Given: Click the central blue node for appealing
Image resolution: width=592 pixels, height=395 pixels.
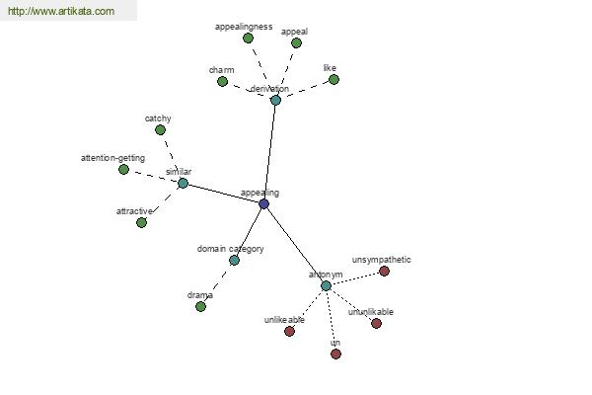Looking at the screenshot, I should [263, 203].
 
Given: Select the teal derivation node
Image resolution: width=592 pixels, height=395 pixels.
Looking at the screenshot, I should [275, 100].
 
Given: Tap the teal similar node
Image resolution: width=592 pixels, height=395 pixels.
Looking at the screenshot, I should [183, 183].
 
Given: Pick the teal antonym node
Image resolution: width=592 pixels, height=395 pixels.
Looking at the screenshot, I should [326, 285].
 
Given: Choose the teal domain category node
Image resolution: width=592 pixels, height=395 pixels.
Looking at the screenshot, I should [234, 260].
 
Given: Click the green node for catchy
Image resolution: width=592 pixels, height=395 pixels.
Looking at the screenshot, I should [160, 129].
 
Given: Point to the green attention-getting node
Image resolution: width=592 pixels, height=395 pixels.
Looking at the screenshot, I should [123, 169].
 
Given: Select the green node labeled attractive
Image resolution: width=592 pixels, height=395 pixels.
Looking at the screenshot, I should [141, 222].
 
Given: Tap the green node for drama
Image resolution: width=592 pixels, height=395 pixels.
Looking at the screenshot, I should [200, 306].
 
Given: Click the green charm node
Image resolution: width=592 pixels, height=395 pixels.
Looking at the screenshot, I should [222, 81].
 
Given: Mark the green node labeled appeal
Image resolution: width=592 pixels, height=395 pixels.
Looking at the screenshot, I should [296, 42].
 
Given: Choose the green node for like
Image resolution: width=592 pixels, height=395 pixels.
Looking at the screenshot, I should [333, 79].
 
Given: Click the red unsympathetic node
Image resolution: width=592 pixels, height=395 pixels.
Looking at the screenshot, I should [384, 271].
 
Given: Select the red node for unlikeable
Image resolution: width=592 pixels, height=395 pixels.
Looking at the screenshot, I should [289, 331].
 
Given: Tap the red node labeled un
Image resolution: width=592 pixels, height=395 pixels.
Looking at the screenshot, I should [335, 354].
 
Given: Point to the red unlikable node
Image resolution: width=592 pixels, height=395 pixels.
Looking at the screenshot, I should [376, 323].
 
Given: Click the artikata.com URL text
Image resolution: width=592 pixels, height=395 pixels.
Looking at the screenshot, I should [61, 12].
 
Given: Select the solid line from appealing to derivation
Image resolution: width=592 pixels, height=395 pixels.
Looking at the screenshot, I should [269, 151].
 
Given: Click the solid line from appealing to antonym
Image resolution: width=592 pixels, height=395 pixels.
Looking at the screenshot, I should [294, 244].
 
